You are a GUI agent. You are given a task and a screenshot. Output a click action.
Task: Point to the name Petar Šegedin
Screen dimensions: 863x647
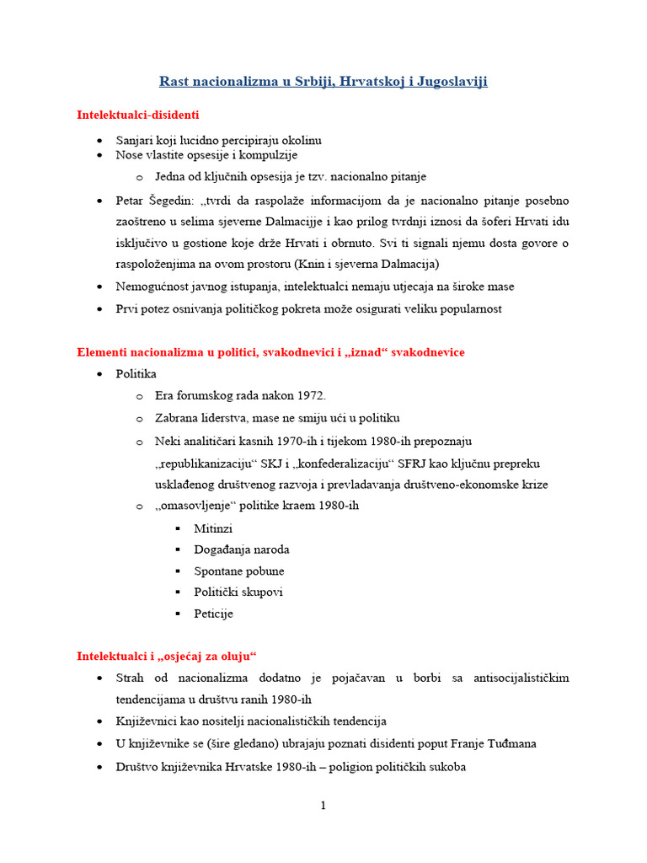pyautogui.click(x=153, y=201)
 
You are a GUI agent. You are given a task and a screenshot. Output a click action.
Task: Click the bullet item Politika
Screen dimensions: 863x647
pyautogui.click(x=136, y=373)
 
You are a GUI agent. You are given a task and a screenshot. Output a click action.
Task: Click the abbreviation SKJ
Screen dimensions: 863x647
pyautogui.click(x=295, y=464)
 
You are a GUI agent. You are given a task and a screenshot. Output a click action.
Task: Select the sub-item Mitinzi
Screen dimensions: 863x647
pyautogui.click(x=213, y=528)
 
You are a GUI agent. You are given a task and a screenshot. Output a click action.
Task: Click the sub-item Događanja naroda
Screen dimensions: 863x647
pyautogui.click(x=242, y=549)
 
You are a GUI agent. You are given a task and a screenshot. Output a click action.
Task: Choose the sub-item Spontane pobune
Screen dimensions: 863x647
pyautogui.click(x=239, y=571)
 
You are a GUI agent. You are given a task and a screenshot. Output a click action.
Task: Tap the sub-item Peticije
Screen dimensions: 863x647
pyautogui.click(x=213, y=614)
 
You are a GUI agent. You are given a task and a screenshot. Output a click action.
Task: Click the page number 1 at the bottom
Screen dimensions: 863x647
pyautogui.click(x=323, y=806)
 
